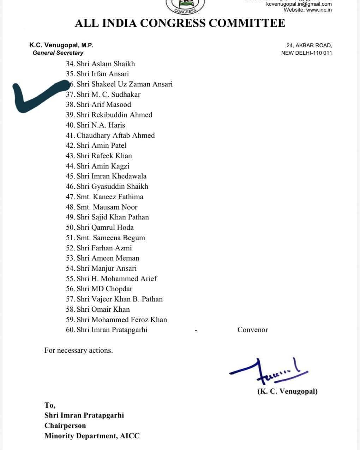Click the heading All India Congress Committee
click(x=180, y=23)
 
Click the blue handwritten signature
click(x=268, y=372)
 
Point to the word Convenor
click(x=252, y=330)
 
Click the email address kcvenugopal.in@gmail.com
click(x=299, y=4)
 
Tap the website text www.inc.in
click(x=319, y=10)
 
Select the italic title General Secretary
click(x=58, y=53)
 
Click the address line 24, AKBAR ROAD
click(x=309, y=45)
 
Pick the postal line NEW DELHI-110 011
click(x=306, y=53)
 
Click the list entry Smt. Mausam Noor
click(x=107, y=207)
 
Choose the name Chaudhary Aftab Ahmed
click(x=115, y=135)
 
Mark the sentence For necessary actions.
click(x=78, y=351)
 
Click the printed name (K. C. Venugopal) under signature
click(x=287, y=391)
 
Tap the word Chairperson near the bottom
click(x=65, y=426)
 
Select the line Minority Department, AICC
click(x=92, y=436)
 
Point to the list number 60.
click(x=70, y=330)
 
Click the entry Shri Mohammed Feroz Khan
click(x=122, y=320)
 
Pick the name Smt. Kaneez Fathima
click(x=110, y=197)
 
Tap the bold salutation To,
click(x=50, y=405)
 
